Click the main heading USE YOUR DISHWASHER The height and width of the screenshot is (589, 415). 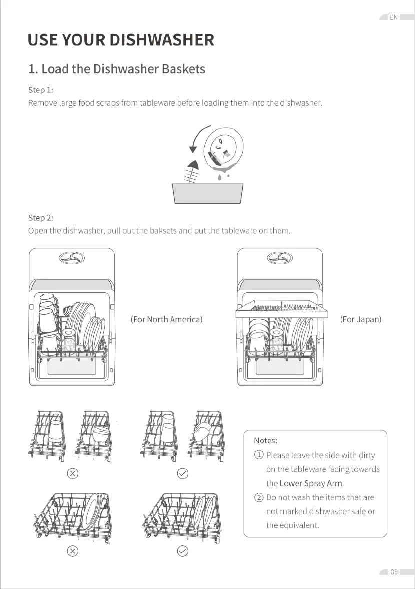[121, 40]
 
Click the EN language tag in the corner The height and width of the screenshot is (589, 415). [393, 17]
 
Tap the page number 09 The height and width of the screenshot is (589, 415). [394, 572]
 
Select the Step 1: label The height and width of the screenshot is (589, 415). [40, 90]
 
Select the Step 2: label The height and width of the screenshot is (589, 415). [40, 218]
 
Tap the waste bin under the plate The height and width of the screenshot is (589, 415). [208, 193]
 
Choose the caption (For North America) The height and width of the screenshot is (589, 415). [166, 319]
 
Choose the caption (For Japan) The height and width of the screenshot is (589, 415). [360, 319]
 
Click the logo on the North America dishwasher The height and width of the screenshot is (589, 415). [72, 258]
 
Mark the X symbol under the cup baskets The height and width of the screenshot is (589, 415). [72, 473]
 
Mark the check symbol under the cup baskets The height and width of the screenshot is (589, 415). [183, 473]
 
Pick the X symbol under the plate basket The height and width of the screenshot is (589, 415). [72, 551]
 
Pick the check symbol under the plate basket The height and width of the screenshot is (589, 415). [183, 551]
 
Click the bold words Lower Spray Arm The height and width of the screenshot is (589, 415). [311, 484]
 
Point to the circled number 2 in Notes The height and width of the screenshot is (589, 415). [259, 497]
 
